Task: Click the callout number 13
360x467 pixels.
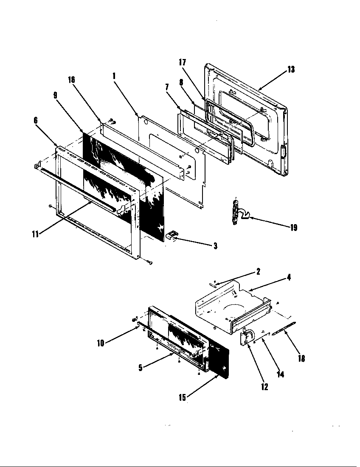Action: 291,70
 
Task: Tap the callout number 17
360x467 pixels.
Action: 183,62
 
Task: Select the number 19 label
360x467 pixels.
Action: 293,228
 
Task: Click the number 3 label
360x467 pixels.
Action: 215,246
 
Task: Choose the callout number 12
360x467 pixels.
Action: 264,387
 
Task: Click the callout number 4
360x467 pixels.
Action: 289,278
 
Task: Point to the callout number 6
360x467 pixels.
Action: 36,121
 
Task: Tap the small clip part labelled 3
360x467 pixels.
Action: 172,234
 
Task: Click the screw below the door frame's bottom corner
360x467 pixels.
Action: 149,263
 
